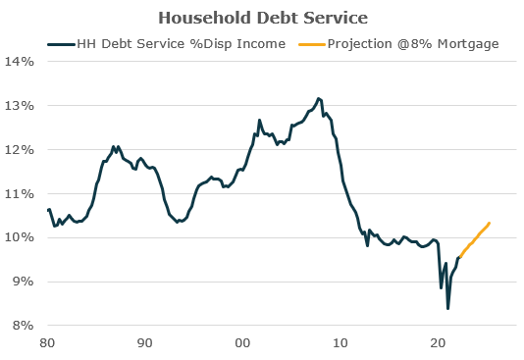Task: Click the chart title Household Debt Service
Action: point(261,18)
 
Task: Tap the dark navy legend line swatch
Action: point(61,43)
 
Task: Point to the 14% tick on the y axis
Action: point(21,61)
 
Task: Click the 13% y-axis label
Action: point(21,105)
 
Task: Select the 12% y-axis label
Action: point(21,149)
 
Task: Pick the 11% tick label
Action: point(21,193)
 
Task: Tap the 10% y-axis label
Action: point(21,237)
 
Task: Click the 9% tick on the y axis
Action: point(24,282)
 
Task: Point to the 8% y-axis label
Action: point(24,326)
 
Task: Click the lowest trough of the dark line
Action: point(447,309)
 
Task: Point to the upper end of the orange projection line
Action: point(489,224)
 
